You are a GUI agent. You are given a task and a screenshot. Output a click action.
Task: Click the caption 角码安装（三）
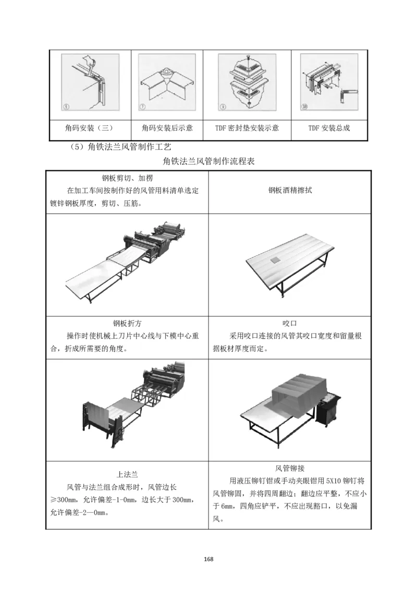90,128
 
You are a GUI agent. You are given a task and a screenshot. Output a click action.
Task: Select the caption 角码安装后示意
167,128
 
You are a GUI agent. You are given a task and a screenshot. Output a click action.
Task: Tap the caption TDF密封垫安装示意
247,128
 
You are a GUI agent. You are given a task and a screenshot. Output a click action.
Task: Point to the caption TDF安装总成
329,128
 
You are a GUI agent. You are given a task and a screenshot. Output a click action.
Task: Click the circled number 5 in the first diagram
66,108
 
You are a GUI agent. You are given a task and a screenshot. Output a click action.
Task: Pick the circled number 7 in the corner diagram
143,108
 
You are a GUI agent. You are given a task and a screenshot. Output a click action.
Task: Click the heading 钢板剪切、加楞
127,178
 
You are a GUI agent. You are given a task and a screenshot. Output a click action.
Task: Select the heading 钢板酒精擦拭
290,191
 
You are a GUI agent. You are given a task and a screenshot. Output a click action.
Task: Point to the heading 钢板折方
127,323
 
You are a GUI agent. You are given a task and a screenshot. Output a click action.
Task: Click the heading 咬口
290,323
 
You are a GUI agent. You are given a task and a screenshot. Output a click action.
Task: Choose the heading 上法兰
127,474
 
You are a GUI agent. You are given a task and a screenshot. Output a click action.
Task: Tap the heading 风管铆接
290,468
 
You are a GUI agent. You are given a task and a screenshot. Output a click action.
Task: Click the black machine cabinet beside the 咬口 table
328,412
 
